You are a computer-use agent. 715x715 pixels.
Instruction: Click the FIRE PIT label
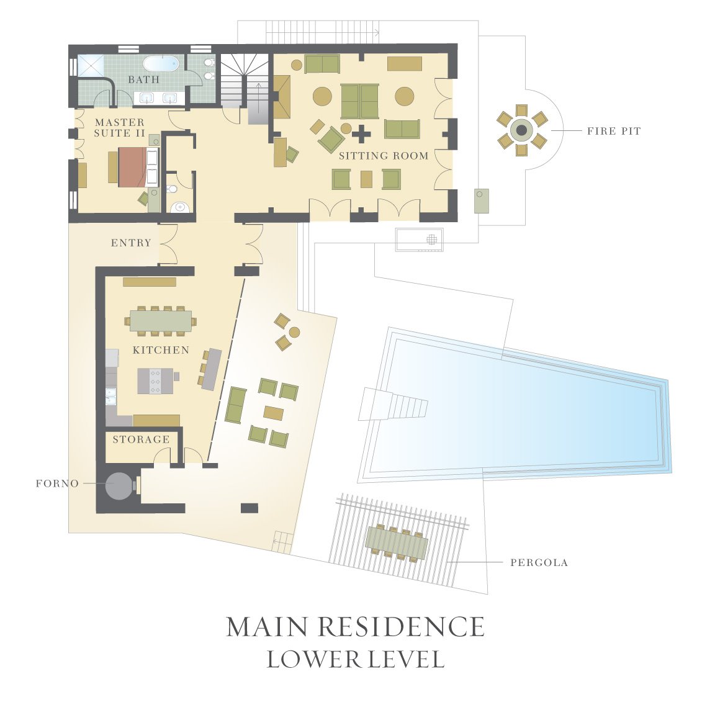(613, 131)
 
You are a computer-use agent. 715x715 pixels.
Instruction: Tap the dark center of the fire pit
(521, 130)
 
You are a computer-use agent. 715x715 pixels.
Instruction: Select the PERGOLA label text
(539, 563)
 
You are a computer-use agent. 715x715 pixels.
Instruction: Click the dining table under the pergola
(397, 542)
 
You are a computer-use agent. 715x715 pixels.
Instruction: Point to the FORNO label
(57, 483)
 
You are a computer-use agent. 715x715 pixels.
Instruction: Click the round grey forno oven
(119, 485)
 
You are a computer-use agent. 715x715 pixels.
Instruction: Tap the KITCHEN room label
(161, 350)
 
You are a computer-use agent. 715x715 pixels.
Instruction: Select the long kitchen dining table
(161, 321)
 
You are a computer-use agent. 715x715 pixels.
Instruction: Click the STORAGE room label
(141, 439)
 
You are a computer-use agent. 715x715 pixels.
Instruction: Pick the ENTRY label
(131, 243)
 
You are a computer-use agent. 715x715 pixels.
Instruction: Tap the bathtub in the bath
(161, 63)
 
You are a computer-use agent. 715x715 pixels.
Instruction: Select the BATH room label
(143, 79)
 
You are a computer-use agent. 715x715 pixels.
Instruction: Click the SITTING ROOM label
(384, 156)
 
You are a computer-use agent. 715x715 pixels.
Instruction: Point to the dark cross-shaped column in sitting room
(361, 133)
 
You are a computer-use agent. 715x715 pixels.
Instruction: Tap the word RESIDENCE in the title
(401, 627)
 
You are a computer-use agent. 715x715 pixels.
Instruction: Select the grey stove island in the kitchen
(155, 381)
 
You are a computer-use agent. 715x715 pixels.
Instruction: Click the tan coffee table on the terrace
(273, 413)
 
